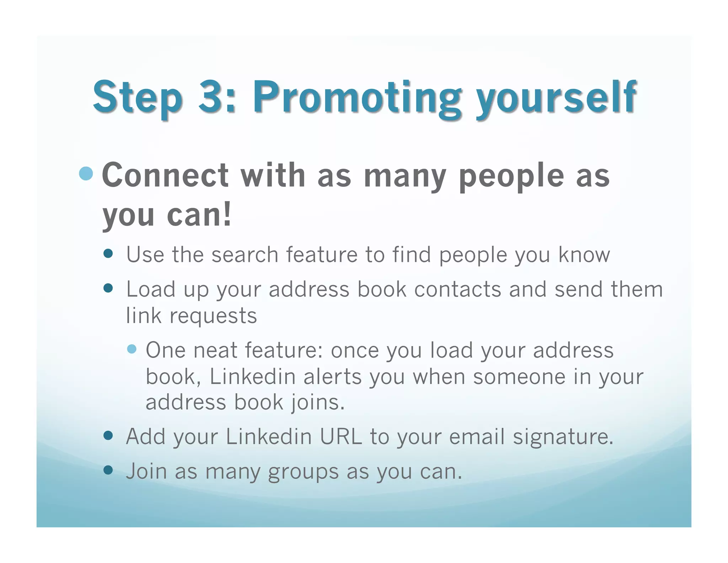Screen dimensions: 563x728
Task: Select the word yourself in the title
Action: click(557, 98)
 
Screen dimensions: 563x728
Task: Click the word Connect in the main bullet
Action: click(165, 175)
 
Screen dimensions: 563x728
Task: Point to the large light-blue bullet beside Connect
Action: click(86, 174)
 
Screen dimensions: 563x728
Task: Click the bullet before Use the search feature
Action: click(108, 254)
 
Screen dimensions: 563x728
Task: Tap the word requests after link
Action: click(213, 316)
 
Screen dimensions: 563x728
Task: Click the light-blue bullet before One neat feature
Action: click(132, 349)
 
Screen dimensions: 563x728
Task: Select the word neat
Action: click(215, 350)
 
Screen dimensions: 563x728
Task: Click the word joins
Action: click(317, 402)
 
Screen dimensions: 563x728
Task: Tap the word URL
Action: click(341, 437)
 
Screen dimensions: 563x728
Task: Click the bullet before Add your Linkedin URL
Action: click(108, 435)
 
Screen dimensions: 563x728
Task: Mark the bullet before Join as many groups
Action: click(108, 470)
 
